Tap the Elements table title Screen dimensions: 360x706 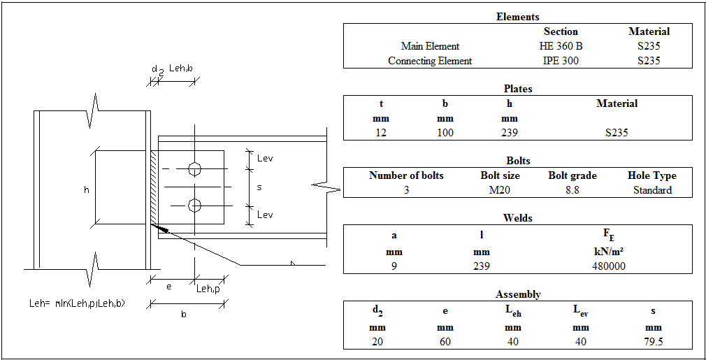pos(517,17)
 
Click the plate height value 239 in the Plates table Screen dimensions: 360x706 pos(510,132)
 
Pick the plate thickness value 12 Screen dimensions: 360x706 pos(380,132)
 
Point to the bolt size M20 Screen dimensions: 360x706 pos(500,190)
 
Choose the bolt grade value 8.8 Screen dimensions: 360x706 pos(571,190)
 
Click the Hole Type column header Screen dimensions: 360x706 pos(651,175)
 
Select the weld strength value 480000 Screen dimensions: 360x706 pos(607,266)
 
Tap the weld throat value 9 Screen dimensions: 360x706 pos(394,266)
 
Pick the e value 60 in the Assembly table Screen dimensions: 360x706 pos(445,342)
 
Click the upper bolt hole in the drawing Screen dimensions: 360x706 pos(195,168)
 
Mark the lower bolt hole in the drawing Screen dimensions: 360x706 pos(195,205)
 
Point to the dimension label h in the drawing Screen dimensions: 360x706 pos(86,189)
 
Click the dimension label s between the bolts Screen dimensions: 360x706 pos(259,187)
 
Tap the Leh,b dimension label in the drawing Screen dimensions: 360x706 pos(180,69)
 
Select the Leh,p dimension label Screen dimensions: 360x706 pos(207,289)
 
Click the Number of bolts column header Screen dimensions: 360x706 pos(406,175)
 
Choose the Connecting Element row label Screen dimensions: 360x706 pos(430,61)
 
